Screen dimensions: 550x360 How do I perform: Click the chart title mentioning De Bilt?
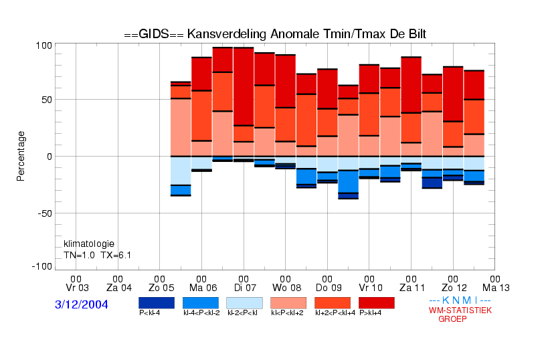(275, 34)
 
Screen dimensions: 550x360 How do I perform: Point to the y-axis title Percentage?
(21, 156)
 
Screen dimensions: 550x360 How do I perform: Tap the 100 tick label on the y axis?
(44, 46)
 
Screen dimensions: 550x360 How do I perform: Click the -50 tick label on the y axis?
(45, 213)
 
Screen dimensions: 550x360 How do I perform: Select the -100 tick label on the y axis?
(42, 266)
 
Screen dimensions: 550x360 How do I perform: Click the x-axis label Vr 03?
(77, 288)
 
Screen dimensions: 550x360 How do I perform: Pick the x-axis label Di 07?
(245, 288)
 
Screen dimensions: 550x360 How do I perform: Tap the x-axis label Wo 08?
(286, 288)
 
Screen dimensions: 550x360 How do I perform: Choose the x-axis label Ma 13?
(496, 288)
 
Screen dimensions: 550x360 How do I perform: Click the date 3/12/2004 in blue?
(82, 304)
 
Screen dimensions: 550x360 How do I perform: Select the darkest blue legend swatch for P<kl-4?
(157, 303)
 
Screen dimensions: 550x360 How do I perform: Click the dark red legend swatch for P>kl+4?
(377, 303)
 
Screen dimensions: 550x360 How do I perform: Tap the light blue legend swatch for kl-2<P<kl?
(244, 303)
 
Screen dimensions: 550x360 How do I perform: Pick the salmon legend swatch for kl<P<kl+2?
(288, 303)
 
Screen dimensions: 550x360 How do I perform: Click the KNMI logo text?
(460, 300)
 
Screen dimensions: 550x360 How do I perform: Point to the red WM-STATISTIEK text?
(460, 310)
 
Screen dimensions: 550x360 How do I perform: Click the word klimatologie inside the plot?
(89, 244)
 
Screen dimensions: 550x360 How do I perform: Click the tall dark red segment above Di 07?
(244, 86)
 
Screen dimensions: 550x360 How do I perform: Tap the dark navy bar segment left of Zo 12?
(432, 183)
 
